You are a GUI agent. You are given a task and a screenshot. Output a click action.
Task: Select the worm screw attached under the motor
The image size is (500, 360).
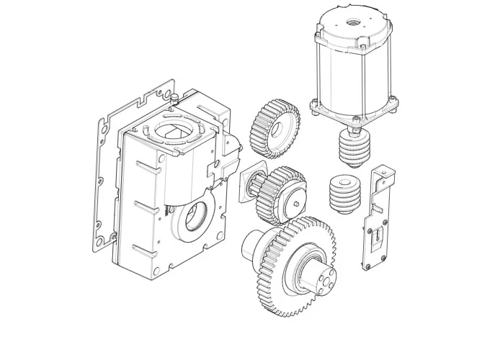tap(354, 148)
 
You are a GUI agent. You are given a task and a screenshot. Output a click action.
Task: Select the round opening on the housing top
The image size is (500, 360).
tap(172, 133)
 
